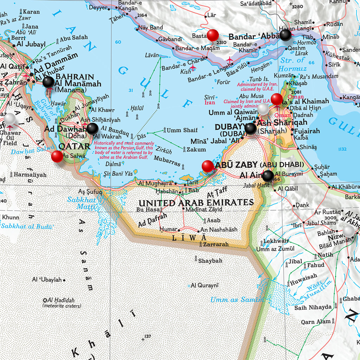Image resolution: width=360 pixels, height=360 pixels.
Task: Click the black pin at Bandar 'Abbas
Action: pyautogui.click(x=285, y=35)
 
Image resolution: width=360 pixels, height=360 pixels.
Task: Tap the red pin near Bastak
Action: pyautogui.click(x=213, y=35)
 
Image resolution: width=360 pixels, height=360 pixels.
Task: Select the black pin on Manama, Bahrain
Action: pyautogui.click(x=49, y=82)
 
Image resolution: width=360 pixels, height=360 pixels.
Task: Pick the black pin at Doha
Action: pyautogui.click(x=92, y=129)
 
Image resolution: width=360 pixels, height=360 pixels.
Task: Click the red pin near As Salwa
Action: pyautogui.click(x=57, y=156)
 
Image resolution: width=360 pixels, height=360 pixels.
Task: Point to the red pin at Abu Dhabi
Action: pyautogui.click(x=208, y=166)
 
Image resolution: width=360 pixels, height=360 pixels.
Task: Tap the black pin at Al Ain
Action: pyautogui.click(x=268, y=176)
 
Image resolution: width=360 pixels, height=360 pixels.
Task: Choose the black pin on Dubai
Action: pyautogui.click(x=251, y=129)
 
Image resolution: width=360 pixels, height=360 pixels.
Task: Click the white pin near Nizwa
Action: pyautogui.click(x=349, y=231)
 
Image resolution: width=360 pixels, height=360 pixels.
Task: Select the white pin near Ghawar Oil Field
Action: pyautogui.click(x=9, y=118)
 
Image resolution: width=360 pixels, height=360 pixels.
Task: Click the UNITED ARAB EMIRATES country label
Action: pyautogui.click(x=196, y=203)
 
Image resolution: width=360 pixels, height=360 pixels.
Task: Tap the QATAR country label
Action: pyautogui.click(x=74, y=146)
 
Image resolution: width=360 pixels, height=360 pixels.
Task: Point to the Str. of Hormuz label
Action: pyautogui.click(x=292, y=64)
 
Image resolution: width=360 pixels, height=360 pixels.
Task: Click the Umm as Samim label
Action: pyautogui.click(x=237, y=300)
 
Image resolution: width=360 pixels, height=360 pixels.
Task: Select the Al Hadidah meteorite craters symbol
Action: pyautogui.click(x=45, y=300)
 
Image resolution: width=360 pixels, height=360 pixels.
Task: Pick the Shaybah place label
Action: pyautogui.click(x=210, y=261)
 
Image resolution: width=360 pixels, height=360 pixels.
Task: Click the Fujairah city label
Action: pyautogui.click(x=307, y=131)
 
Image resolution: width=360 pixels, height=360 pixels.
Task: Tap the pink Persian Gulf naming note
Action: pyautogui.click(x=123, y=150)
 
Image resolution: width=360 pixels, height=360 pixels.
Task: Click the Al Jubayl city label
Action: pyautogui.click(x=31, y=44)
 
